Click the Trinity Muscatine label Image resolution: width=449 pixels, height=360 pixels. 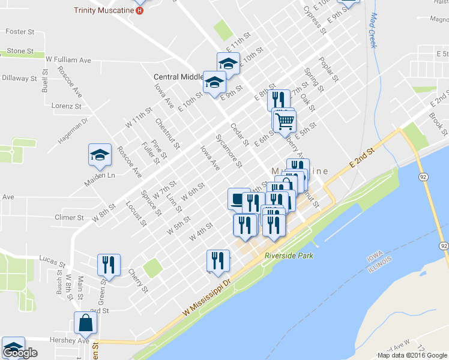[x=104, y=10]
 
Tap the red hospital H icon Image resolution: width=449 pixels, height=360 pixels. [x=140, y=10]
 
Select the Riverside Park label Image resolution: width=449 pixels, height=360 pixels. [x=289, y=256]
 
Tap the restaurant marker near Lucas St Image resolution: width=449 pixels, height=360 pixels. [x=109, y=264]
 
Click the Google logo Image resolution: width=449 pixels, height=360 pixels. [x=20, y=353]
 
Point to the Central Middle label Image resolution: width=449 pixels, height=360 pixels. [x=179, y=77]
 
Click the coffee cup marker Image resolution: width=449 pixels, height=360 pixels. [x=238, y=199]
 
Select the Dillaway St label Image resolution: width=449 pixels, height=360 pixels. [x=19, y=78]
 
